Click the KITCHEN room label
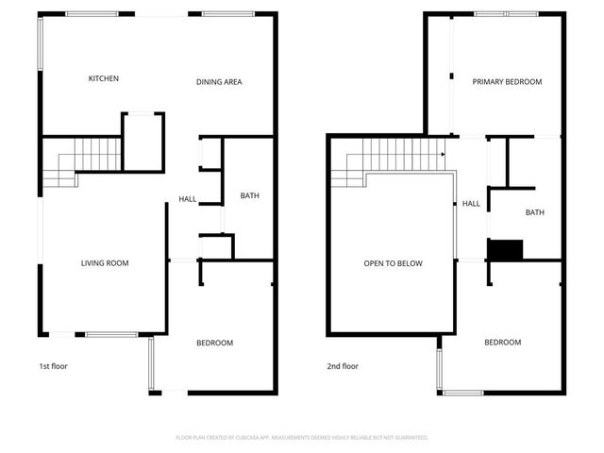click(103, 78)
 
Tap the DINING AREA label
click(219, 82)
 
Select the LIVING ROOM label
click(104, 263)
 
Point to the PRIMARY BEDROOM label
click(507, 82)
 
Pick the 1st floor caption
click(53, 366)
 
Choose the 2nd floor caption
click(343, 366)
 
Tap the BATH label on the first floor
click(249, 196)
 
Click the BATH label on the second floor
click(534, 212)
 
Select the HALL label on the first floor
click(187, 199)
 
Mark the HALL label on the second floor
click(471, 203)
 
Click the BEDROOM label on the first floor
click(214, 343)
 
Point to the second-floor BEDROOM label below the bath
click(502, 343)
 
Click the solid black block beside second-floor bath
click(505, 249)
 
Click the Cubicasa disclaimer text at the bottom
click(302, 438)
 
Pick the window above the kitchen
click(92, 14)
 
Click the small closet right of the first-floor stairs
click(143, 142)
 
